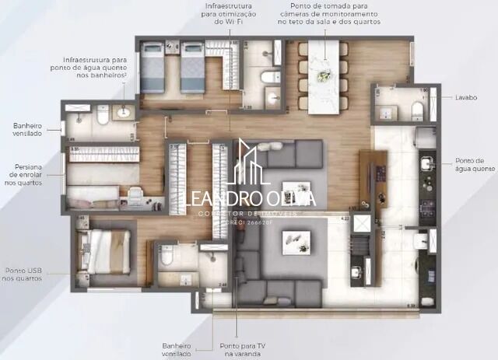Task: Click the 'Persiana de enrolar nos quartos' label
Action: tap(29, 174)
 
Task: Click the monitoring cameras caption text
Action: tap(329, 14)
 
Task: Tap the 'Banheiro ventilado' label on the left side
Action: tap(27, 129)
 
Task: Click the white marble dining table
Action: tap(323, 76)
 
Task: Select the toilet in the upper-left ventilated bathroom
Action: tap(101, 116)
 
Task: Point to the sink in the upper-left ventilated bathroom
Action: tap(123, 114)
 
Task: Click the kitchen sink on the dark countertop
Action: tap(426, 164)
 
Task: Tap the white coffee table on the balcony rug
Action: tap(296, 242)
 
